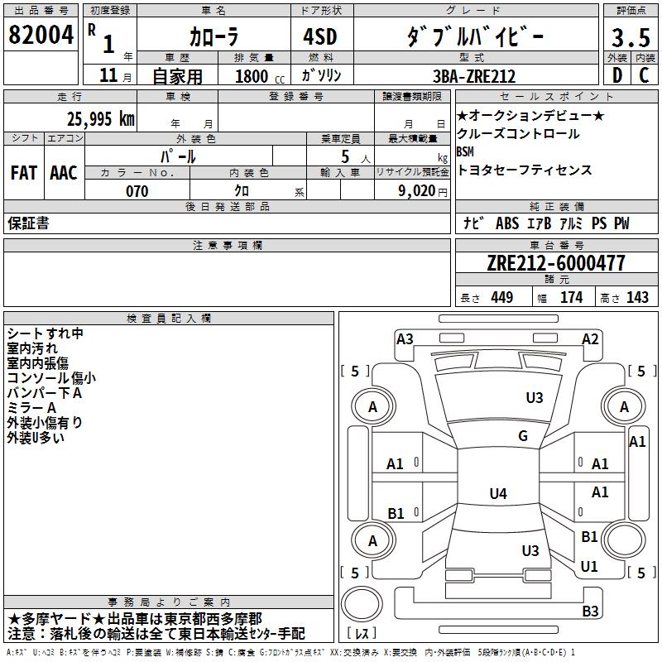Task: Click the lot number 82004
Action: point(41,36)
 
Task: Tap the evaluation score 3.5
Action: point(631,38)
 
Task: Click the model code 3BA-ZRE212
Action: point(474,76)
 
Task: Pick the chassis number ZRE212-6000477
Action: point(556,264)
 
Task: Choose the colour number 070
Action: point(137,191)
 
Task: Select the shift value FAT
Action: point(24,173)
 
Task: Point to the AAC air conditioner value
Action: point(64,173)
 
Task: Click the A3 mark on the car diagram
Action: point(405,338)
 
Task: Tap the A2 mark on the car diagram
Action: point(590,338)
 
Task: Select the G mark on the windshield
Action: point(522,436)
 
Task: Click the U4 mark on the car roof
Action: point(497,494)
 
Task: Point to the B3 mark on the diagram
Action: point(590,612)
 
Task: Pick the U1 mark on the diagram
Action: point(589,567)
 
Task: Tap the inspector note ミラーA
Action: point(32,407)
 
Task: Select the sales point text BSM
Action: point(465,152)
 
